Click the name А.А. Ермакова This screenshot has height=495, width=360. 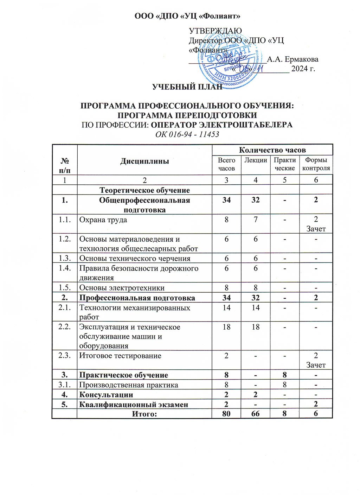pyautogui.click(x=292, y=59)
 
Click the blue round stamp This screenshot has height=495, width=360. pyautogui.click(x=230, y=62)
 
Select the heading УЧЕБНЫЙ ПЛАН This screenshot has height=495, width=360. pyautogui.click(x=187, y=87)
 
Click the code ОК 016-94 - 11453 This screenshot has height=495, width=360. pyautogui.click(x=187, y=134)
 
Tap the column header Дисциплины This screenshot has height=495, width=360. pyautogui.click(x=144, y=161)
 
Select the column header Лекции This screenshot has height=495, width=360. pyautogui.click(x=256, y=160)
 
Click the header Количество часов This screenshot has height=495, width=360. pyautogui.click(x=272, y=150)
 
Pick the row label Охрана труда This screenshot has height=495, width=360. pyautogui.click(x=103, y=220)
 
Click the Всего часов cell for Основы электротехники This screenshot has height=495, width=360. pyautogui.click(x=226, y=288)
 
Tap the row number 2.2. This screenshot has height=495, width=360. pyautogui.click(x=65, y=327)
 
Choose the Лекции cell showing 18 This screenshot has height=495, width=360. pyautogui.click(x=256, y=327)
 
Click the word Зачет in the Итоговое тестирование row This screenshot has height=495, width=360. pyautogui.click(x=316, y=365)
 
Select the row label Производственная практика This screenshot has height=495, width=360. pyautogui.click(x=129, y=385)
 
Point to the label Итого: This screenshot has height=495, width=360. pyautogui.click(x=144, y=414)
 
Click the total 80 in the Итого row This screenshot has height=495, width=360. pyautogui.click(x=226, y=414)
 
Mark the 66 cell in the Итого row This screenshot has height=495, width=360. pyautogui.click(x=256, y=414)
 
